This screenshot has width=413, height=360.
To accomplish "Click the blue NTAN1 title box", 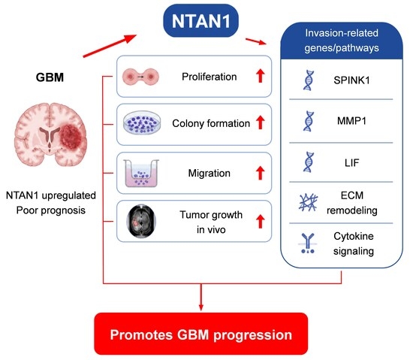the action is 201,20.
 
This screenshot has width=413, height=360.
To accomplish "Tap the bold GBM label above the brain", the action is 50,77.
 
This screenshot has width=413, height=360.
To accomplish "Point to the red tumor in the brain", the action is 71,138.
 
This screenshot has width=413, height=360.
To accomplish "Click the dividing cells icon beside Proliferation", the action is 140,77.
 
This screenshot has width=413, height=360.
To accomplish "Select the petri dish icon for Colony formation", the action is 142,123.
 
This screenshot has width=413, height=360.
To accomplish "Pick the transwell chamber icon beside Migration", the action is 141,173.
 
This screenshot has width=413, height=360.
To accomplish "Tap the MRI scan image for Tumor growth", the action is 141,221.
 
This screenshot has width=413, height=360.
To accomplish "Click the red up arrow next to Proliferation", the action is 261,76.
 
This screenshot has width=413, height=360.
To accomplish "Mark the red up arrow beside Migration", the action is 261,173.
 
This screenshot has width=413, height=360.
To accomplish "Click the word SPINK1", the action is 351,80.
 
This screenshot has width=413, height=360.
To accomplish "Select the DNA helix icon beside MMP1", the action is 309,121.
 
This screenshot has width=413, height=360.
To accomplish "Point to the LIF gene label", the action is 351,163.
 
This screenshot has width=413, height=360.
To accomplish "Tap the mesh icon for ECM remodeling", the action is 308,202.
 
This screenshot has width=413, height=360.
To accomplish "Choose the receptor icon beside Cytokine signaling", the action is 308,244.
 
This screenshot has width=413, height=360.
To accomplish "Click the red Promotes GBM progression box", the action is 201,334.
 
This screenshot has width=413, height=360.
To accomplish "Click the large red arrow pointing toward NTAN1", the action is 110,45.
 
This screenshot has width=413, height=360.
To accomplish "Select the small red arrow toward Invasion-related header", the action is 256,41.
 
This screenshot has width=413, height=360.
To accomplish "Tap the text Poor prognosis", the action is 51,210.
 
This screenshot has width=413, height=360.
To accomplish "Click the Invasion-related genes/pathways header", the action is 342,41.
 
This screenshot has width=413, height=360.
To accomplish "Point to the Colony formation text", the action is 211,123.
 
